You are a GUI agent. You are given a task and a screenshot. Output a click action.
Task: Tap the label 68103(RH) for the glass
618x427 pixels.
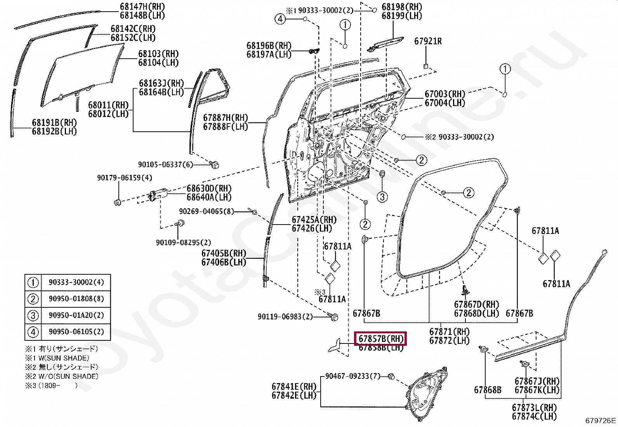click(158, 53)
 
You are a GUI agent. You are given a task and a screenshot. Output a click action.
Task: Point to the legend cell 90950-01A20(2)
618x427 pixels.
click(76, 315)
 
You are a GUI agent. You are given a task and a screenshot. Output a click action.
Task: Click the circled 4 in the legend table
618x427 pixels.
click(33, 332)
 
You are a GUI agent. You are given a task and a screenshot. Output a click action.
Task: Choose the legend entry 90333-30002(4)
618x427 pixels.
click(76, 282)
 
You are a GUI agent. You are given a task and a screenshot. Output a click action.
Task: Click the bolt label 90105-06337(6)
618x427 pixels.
click(165, 164)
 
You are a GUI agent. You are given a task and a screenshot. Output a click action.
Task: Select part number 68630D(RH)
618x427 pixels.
click(209, 188)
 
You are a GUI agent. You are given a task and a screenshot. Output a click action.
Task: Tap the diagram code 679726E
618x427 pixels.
click(601, 420)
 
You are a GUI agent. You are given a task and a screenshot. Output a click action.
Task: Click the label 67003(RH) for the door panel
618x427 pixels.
click(445, 94)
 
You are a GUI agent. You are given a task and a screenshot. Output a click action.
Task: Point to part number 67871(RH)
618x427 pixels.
click(449, 332)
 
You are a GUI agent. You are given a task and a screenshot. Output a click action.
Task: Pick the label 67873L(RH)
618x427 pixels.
click(534, 408)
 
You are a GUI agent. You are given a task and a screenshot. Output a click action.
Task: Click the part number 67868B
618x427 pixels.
click(487, 389)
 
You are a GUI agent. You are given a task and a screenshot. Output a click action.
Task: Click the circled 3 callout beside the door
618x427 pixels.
click(382, 197)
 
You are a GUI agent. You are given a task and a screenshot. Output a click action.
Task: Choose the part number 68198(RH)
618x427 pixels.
click(402, 7)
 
